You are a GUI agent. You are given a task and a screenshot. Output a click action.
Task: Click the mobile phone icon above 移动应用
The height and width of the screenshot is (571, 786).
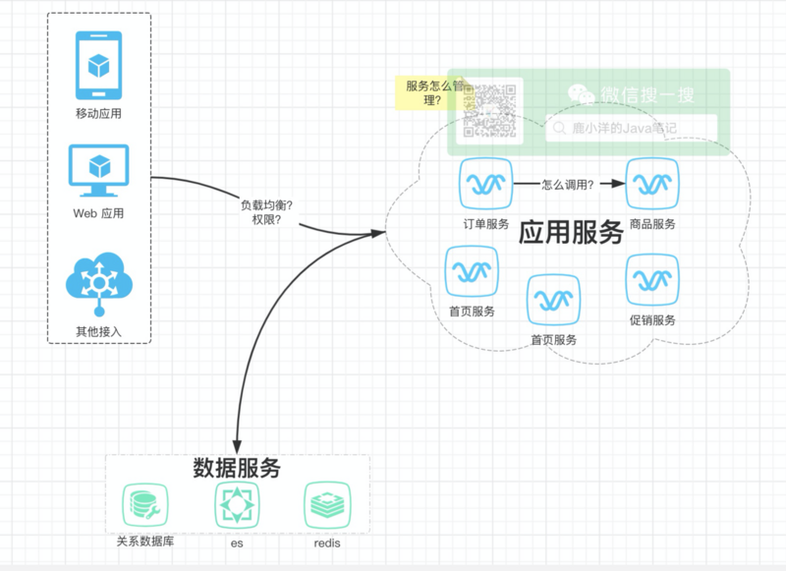98,65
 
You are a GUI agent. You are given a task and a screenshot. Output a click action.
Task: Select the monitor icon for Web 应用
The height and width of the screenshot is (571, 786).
98,171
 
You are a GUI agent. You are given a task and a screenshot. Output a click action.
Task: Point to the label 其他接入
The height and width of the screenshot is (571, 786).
98,331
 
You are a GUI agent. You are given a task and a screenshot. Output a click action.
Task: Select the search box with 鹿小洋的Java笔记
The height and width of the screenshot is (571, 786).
631,128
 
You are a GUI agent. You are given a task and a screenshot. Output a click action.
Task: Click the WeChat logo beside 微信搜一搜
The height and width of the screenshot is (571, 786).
582,94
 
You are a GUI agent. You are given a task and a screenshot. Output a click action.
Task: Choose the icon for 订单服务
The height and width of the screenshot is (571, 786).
485,183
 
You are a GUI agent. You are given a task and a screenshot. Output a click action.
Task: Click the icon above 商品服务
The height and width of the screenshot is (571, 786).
652,183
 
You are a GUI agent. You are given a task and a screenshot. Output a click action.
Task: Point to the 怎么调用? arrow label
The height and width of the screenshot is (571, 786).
568,183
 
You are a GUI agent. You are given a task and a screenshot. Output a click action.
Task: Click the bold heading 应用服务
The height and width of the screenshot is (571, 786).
571,232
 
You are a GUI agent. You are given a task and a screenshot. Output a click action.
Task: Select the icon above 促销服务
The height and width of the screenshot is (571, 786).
652,279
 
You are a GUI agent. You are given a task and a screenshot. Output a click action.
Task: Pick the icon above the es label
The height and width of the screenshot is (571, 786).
237,505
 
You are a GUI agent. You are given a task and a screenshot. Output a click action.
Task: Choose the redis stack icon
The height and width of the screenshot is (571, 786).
327,505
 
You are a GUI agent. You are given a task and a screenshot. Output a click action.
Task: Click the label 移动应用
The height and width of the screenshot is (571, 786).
98,113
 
